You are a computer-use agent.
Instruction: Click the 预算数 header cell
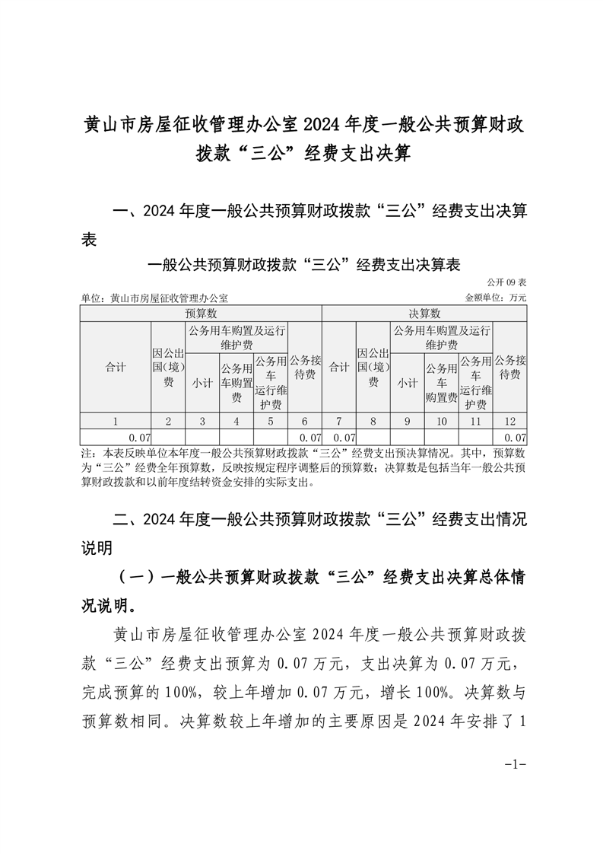[201, 314]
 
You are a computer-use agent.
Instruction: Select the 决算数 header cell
[424, 314]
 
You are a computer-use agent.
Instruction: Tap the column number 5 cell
[270, 421]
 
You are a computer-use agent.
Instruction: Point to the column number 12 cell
[510, 421]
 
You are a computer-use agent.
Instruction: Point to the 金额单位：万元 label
[495, 298]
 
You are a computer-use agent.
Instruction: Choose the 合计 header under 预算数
[116, 367]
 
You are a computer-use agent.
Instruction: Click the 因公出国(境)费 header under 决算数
[373, 367]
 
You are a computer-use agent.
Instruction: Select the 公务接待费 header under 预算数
[305, 367]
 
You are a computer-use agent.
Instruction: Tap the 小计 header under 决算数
[407, 383]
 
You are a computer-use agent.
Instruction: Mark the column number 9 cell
[407, 421]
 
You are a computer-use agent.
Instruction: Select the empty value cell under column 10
[442, 438]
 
